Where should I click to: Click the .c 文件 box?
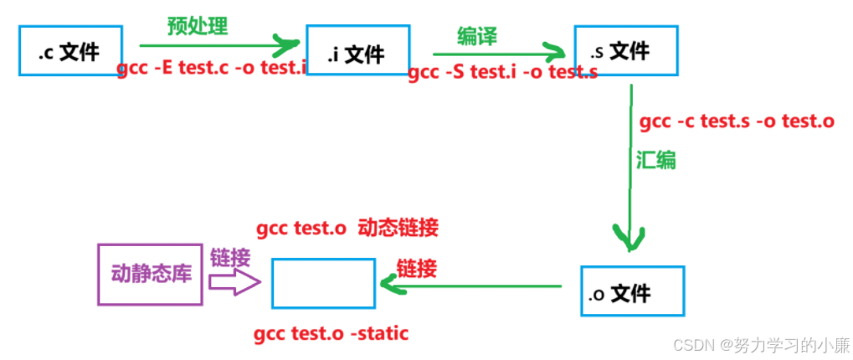[69, 52]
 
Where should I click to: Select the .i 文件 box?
[358, 54]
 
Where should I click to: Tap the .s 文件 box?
[625, 51]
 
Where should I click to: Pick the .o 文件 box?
[632, 291]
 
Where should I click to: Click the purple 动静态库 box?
[150, 273]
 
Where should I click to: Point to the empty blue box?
[323, 283]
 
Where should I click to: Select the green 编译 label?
[477, 35]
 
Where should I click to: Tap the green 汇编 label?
[655, 160]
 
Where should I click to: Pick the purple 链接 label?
[229, 256]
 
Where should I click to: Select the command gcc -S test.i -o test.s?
[502, 72]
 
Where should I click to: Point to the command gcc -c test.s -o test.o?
[737, 121]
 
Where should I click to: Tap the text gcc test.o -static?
[331, 334]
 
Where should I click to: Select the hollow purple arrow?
[235, 282]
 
